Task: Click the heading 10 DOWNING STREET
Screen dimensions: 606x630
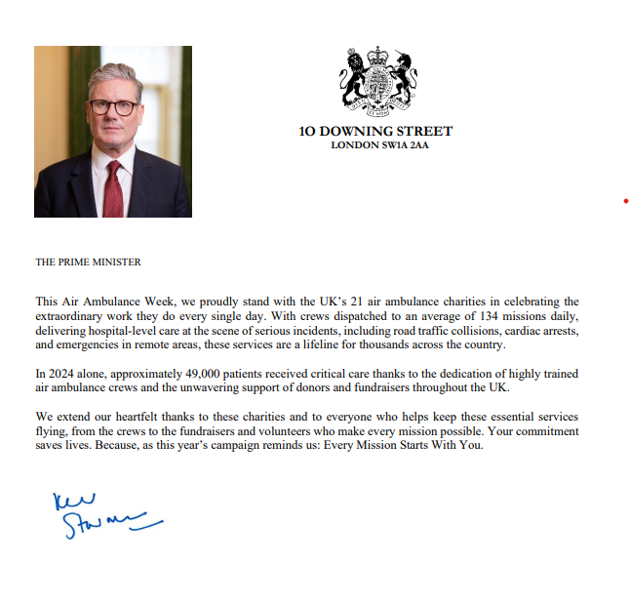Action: coord(376,132)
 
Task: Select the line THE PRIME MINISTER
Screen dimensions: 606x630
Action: coord(88,262)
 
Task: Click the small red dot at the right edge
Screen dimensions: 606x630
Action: coord(625,201)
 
